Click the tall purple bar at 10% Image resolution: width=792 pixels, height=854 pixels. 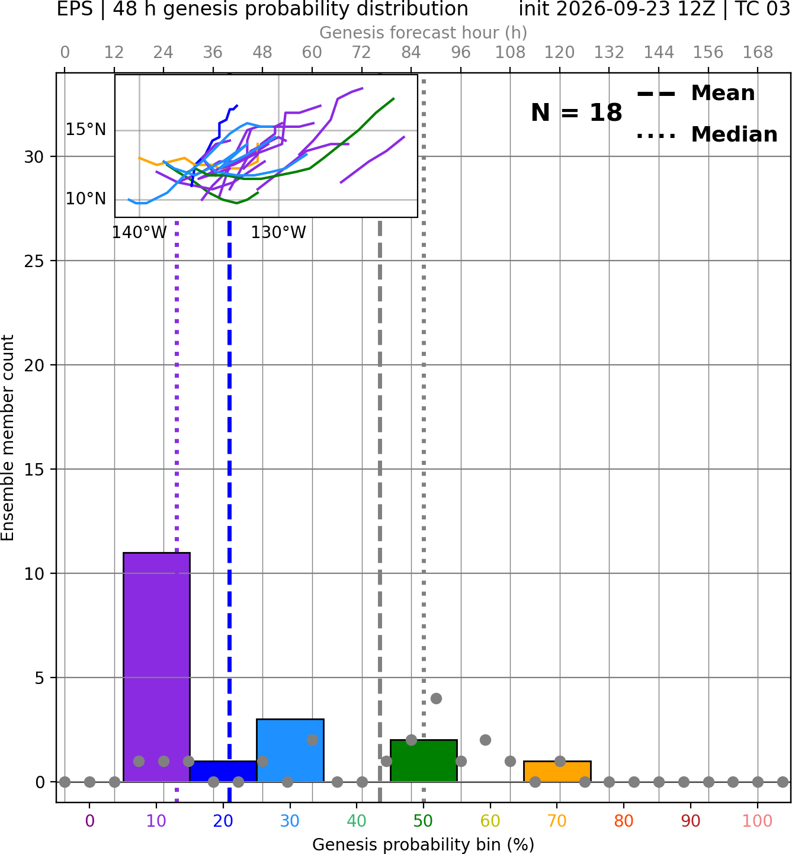pos(156,667)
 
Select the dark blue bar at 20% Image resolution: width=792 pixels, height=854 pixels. pos(223,772)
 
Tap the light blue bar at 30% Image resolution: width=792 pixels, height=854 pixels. pos(290,750)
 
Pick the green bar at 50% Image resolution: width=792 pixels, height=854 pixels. pos(424,760)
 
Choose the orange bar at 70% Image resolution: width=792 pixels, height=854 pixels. pos(557,772)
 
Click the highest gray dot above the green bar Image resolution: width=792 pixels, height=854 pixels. pos(436,698)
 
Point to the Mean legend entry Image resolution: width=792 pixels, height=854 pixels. pos(695,94)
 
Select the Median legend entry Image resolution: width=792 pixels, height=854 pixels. pos(707,134)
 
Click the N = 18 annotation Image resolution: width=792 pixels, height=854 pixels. pos(576,113)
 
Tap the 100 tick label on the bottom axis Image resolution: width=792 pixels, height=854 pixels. pos(758,821)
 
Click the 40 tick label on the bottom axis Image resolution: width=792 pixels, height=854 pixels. pos(357,821)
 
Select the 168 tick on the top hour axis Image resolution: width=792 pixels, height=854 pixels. pos(758,53)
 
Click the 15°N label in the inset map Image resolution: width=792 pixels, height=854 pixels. pos(86,130)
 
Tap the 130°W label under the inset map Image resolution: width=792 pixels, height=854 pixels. pos(278,233)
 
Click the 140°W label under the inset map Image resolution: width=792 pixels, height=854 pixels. pos(139,233)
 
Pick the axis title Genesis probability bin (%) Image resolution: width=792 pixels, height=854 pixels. pos(424,845)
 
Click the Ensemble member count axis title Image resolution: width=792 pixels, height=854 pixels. pos(8,438)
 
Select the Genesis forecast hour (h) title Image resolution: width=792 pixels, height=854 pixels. pos(424,33)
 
